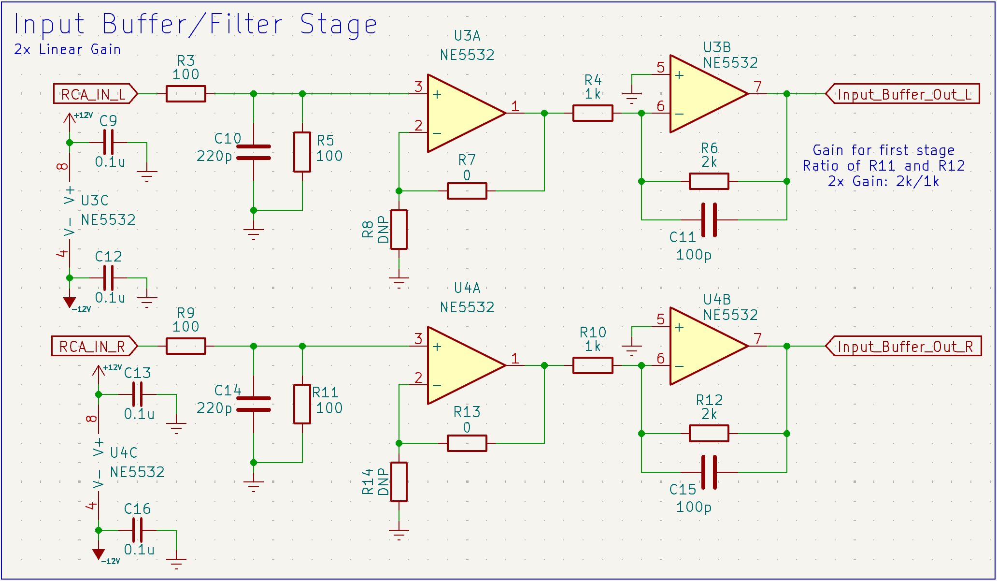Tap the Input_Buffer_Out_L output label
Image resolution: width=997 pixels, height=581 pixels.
click(x=903, y=94)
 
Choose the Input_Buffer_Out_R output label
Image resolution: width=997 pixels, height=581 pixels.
click(x=904, y=346)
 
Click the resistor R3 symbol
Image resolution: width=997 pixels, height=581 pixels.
click(x=185, y=94)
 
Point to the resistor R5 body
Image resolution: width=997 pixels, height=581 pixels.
click(x=302, y=152)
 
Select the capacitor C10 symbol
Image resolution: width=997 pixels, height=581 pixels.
click(x=254, y=152)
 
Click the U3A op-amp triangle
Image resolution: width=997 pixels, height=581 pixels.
click(x=461, y=113)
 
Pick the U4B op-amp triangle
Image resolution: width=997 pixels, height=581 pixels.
click(x=704, y=346)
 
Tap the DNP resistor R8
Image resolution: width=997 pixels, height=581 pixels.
click(x=399, y=230)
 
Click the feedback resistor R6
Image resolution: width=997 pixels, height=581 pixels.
click(x=709, y=181)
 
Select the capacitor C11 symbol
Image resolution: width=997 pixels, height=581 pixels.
click(x=709, y=220)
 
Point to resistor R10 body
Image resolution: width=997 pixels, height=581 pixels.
click(x=593, y=365)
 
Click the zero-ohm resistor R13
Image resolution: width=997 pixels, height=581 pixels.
click(x=467, y=443)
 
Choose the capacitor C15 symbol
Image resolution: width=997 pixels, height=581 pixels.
click(x=709, y=472)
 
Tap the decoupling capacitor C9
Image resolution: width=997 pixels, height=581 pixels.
click(x=109, y=143)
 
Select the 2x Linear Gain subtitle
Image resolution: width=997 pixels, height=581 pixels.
click(x=67, y=49)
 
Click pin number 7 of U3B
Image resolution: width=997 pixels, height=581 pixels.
click(x=758, y=87)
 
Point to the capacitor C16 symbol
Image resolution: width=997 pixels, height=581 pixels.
click(x=138, y=530)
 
